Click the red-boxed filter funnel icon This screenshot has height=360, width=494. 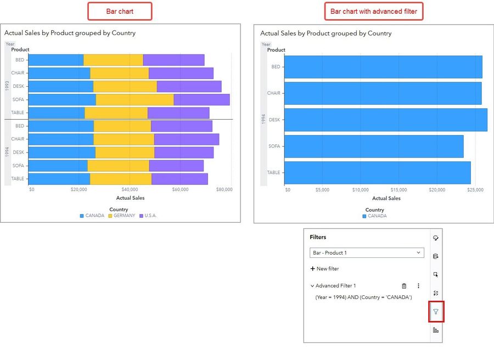[x=436, y=312]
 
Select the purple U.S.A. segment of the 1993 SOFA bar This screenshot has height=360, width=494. [x=201, y=99]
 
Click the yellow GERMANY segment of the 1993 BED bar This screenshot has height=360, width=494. [x=113, y=60]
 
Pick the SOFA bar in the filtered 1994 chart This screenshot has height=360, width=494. [x=374, y=146]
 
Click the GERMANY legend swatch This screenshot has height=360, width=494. [x=110, y=216]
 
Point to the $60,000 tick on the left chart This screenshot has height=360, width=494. [x=180, y=189]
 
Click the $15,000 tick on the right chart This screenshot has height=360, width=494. [x=398, y=190]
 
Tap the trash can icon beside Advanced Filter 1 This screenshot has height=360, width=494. [x=404, y=286]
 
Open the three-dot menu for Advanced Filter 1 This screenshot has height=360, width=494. [x=418, y=286]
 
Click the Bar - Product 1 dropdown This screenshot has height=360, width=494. [x=367, y=252]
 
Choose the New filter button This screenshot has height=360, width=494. [x=325, y=269]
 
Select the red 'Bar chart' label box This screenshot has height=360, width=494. [x=120, y=11]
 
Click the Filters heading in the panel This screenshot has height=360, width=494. [x=318, y=237]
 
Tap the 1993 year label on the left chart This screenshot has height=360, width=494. [x=7, y=86]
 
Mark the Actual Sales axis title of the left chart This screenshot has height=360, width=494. [x=130, y=198]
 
